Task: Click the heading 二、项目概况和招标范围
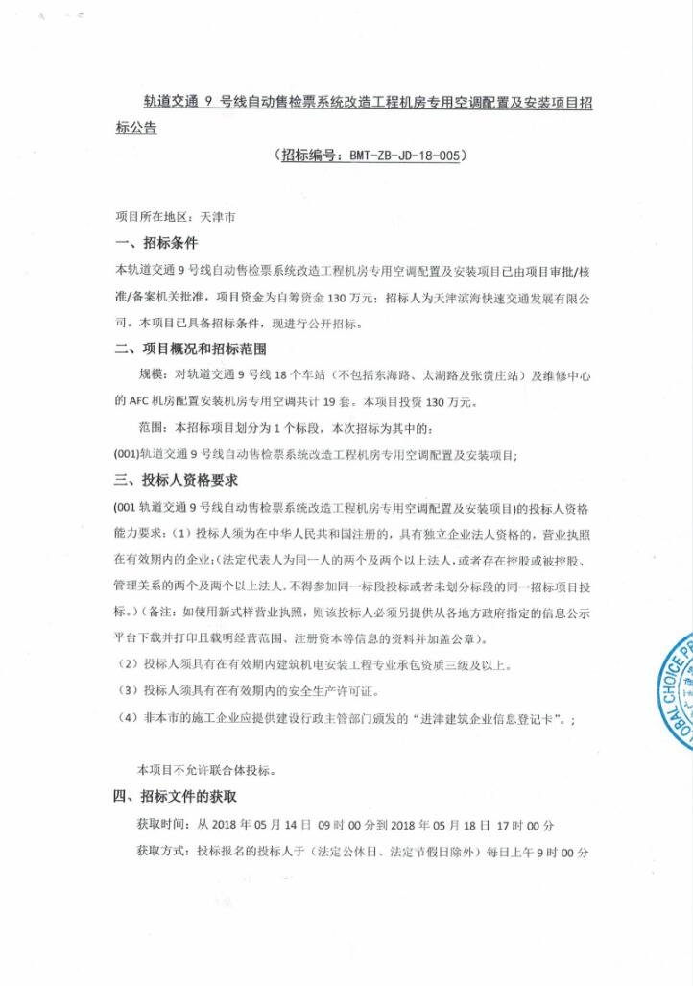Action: point(190,349)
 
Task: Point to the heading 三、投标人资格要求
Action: point(177,480)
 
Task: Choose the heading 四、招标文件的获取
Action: point(177,796)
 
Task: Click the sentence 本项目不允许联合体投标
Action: point(206,770)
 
